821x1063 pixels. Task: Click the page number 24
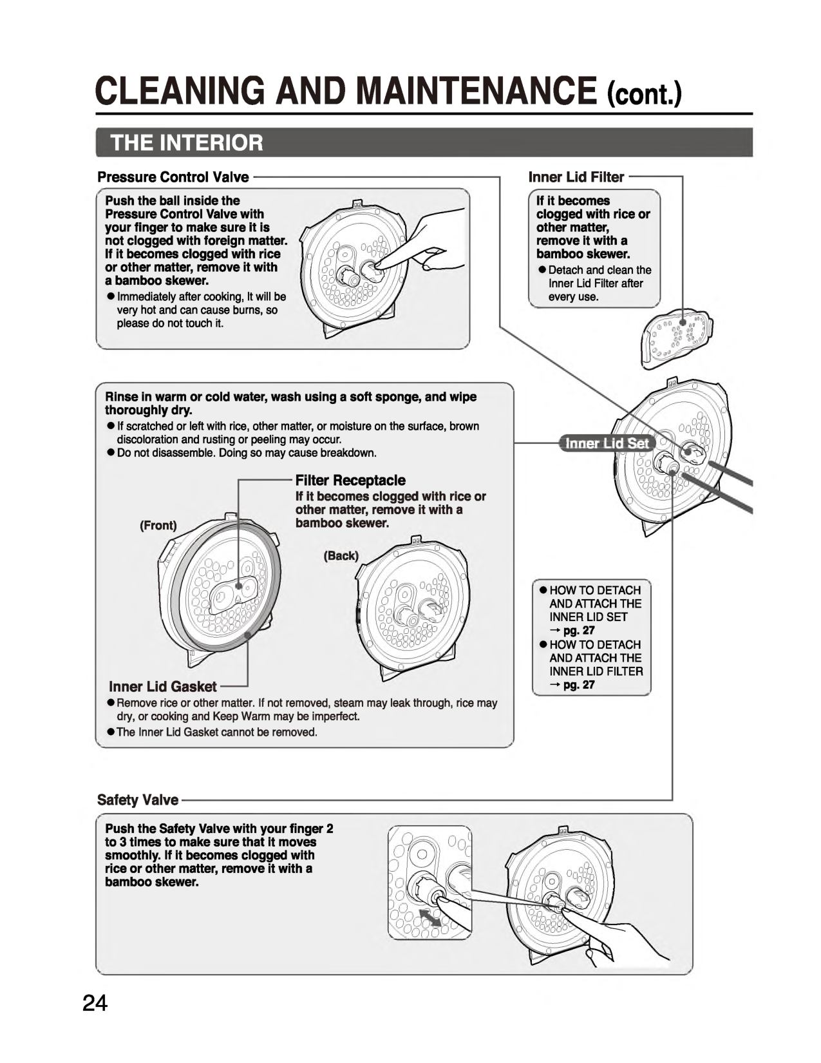[x=94, y=1004]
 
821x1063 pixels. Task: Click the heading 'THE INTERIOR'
[x=187, y=142]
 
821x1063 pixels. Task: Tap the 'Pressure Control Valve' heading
[x=173, y=177]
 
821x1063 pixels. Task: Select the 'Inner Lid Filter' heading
[x=576, y=177]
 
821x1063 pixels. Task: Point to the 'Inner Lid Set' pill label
[x=606, y=443]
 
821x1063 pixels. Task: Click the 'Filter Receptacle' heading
[x=350, y=480]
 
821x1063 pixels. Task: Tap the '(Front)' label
[x=158, y=525]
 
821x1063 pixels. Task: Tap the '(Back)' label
[x=341, y=555]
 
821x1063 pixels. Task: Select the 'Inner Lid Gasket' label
[x=163, y=687]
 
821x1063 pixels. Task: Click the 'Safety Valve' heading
[x=138, y=800]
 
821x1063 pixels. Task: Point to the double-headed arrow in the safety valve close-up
[x=430, y=918]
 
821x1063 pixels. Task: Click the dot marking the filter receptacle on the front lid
[x=238, y=586]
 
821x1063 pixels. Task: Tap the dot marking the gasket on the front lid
[x=248, y=635]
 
